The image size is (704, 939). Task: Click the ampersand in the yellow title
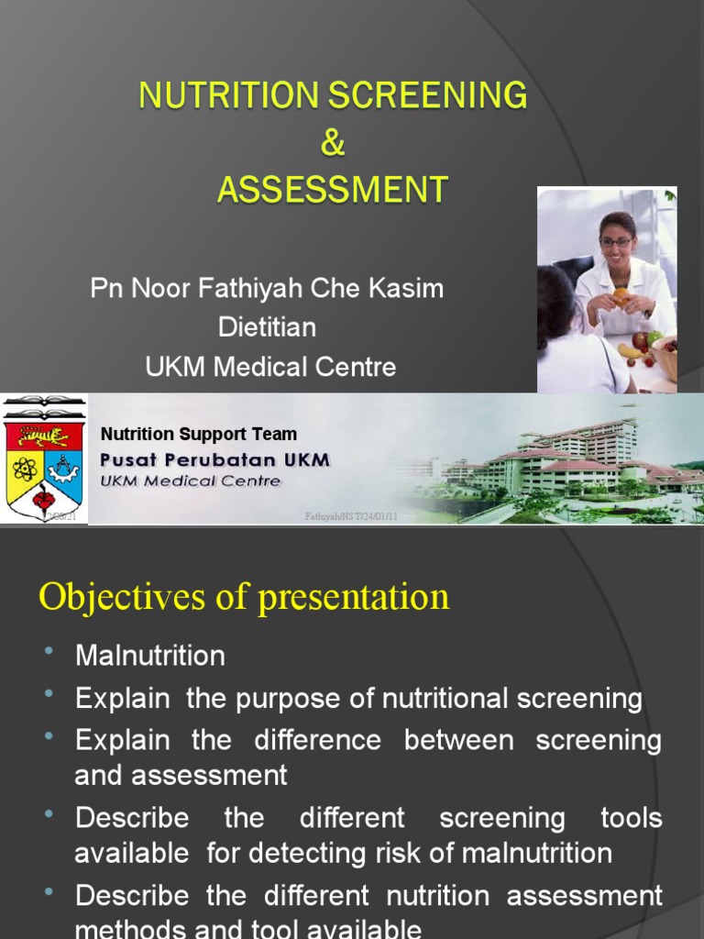333,145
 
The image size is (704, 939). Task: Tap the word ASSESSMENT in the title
333,191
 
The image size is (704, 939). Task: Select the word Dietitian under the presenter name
267,327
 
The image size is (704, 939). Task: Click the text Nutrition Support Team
198,434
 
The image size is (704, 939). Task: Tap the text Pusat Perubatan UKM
214,458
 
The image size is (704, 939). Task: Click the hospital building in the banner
568,458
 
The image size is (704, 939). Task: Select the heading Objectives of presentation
244,597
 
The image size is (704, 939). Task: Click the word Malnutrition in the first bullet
149,656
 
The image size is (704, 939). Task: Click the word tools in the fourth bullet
632,818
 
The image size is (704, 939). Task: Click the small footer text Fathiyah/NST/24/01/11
351,517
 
